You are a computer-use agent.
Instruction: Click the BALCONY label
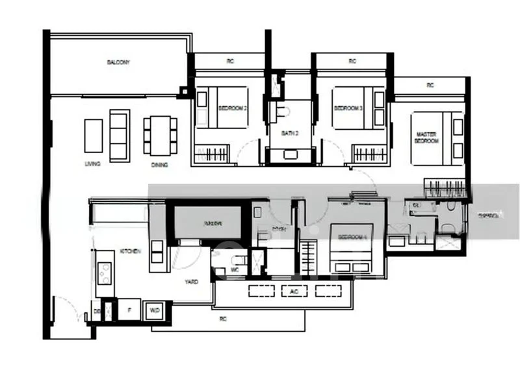(x=118, y=62)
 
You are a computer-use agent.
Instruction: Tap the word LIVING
(x=92, y=164)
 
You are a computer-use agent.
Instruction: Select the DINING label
(x=160, y=165)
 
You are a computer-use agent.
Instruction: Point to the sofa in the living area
(x=119, y=135)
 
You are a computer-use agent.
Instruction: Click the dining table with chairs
(x=157, y=134)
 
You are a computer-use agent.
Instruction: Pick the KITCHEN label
(x=126, y=251)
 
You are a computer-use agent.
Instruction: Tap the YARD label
(x=191, y=282)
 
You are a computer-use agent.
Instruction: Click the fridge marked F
(x=129, y=311)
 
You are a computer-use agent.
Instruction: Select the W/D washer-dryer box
(x=154, y=310)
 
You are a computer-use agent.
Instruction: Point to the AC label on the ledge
(x=294, y=291)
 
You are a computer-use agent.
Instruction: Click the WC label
(x=236, y=269)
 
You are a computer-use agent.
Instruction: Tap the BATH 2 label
(x=290, y=133)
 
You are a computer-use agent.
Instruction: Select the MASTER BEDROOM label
(x=426, y=138)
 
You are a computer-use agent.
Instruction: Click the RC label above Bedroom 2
(x=230, y=62)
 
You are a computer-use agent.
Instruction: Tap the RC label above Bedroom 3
(x=352, y=62)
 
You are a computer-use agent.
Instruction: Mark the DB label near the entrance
(x=97, y=311)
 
